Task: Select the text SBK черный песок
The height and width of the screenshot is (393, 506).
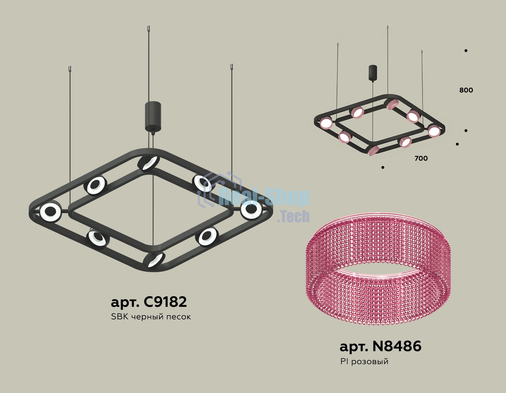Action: (151, 317)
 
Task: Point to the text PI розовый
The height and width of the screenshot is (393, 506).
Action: (364, 362)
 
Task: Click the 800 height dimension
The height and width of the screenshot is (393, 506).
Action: (466, 90)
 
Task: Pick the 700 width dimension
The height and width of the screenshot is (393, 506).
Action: (421, 158)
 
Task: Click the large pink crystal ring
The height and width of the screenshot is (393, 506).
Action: (380, 269)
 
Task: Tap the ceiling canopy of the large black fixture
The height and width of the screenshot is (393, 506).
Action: (153, 116)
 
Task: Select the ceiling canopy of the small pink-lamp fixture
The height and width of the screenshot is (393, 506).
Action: (373, 73)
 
